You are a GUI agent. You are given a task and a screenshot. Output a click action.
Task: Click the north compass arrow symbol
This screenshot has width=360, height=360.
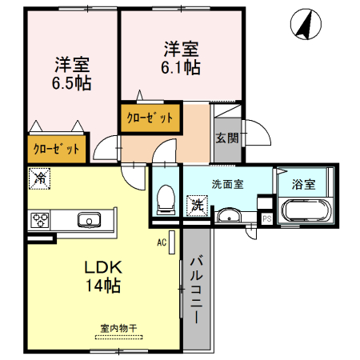click(x=302, y=24)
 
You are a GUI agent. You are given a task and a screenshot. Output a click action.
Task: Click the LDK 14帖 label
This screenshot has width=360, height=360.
click(x=103, y=274)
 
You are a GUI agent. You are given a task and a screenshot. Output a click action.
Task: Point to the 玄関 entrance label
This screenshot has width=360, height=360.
click(x=226, y=138)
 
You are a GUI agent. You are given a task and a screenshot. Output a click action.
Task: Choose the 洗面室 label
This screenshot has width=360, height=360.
click(x=227, y=183)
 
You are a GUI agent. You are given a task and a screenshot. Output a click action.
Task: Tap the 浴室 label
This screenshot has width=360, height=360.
click(x=302, y=183)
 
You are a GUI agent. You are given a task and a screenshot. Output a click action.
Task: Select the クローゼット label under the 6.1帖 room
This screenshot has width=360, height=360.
click(x=150, y=118)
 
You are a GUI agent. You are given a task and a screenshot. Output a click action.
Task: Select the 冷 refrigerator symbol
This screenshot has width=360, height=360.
click(x=38, y=178)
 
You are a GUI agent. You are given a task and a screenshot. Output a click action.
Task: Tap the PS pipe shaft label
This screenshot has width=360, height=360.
click(x=266, y=218)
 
